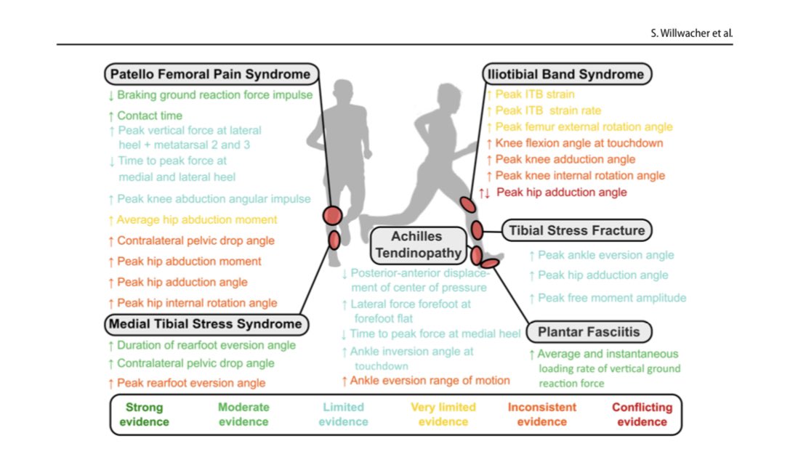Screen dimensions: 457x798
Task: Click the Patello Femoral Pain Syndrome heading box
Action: pos(211,74)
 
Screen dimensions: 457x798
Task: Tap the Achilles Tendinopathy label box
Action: pos(417,245)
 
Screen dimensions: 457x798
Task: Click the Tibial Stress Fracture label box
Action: pos(576,231)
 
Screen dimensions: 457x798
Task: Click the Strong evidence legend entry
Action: pos(144,414)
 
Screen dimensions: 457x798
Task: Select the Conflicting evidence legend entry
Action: pos(642,414)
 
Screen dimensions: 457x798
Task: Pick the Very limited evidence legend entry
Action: pos(443,414)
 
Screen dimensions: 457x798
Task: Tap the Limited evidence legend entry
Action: pos(343,414)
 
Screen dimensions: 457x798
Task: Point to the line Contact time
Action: pos(149,116)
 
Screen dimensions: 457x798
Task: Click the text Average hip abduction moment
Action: pos(196,219)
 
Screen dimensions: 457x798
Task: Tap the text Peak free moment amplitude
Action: pos(611,298)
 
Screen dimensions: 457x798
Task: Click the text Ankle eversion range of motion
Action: pos(430,380)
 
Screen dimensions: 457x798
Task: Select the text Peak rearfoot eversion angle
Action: pos(190,383)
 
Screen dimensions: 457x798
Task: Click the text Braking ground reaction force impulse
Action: pos(214,94)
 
